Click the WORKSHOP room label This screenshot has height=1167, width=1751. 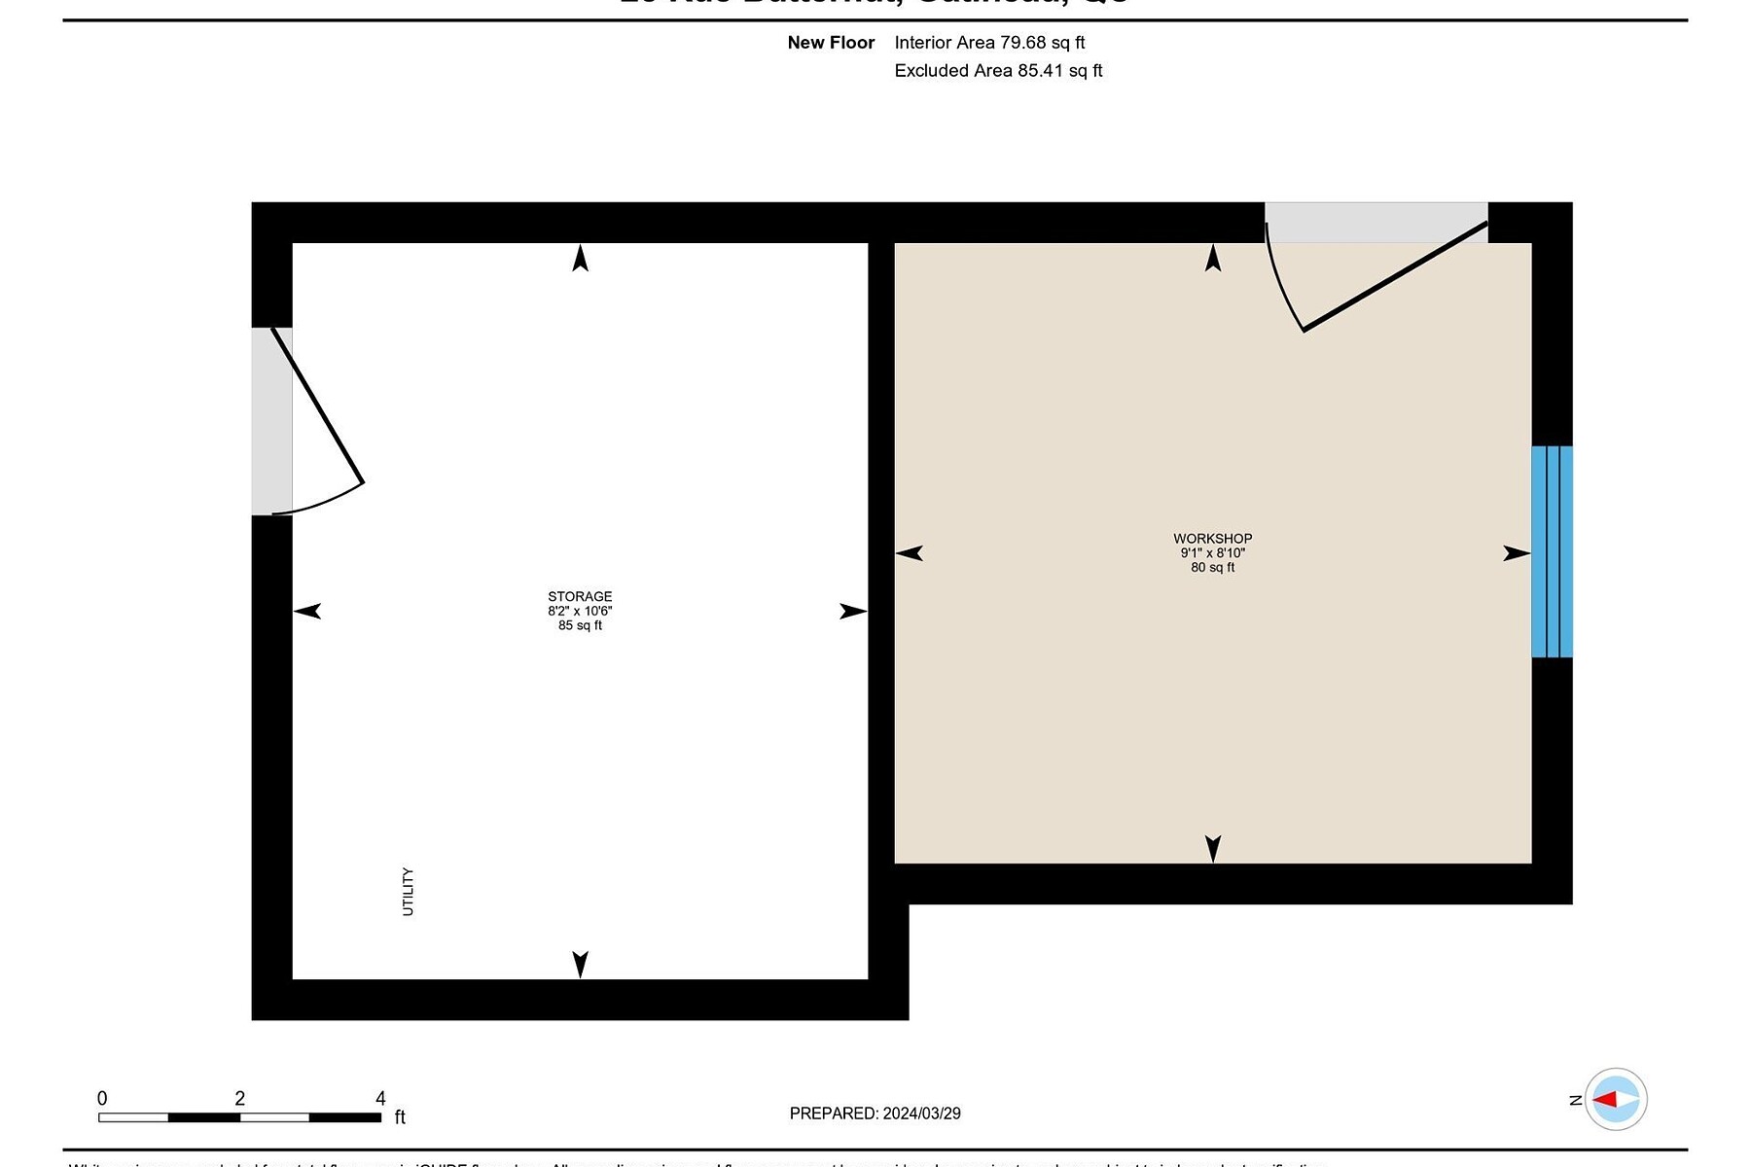tap(1212, 539)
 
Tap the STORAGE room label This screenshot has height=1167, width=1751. tap(580, 597)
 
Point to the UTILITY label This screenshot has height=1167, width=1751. tap(408, 892)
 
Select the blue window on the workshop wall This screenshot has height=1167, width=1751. tap(1552, 551)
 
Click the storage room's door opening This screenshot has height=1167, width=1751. tap(271, 421)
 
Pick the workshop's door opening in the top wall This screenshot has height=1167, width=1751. tap(1376, 223)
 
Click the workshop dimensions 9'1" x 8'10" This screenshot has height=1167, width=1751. tap(1212, 553)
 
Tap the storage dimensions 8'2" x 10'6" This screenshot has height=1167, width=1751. tap(580, 612)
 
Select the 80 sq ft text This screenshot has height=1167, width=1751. tap(1212, 568)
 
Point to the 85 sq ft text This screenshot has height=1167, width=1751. tap(580, 626)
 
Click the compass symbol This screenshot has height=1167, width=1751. tap(1616, 1100)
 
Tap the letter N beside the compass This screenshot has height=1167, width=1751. tap(1576, 1100)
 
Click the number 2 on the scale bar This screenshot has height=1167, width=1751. tap(240, 1098)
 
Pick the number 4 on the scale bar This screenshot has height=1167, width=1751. tap(380, 1098)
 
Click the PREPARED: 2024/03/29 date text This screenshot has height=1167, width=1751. tap(875, 1114)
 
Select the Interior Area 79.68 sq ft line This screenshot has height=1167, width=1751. tap(989, 43)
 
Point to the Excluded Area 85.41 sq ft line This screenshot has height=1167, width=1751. tap(998, 71)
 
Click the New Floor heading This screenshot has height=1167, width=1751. tap(831, 43)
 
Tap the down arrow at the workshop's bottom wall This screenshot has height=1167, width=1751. tap(1212, 849)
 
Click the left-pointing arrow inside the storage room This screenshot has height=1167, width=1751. tap(307, 612)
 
